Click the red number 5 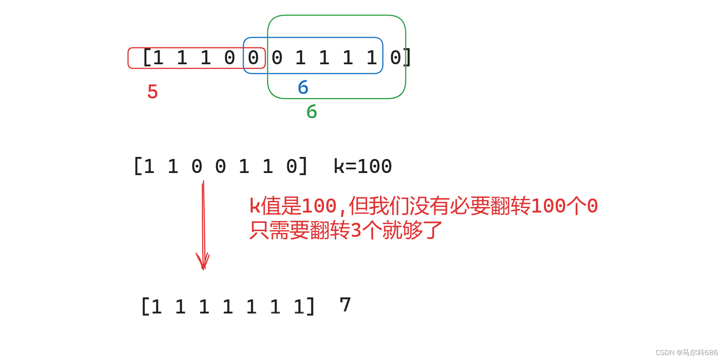[152, 91]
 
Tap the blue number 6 [303, 87]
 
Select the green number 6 [312, 112]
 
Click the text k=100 [362, 166]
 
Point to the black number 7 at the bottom [345, 305]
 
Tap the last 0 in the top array [395, 58]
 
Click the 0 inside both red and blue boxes [253, 58]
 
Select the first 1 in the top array [158, 58]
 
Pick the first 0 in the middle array [197, 166]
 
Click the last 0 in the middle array [292, 166]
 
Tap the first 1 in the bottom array [156, 307]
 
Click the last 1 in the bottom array [299, 307]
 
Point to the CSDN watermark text [687, 353]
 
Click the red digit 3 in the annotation [356, 230]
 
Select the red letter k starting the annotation [255, 206]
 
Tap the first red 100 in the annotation [319, 206]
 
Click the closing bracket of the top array [407, 58]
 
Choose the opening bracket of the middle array [138, 166]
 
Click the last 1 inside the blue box [372, 58]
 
